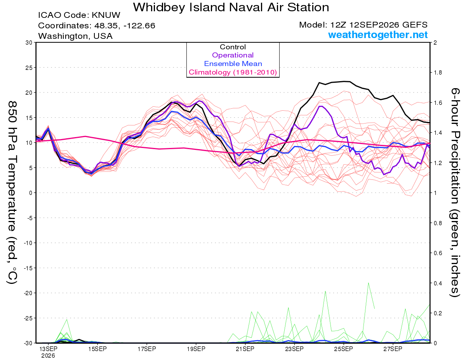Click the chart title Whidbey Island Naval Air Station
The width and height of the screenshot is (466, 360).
tap(231, 7)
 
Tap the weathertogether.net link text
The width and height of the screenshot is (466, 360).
tap(378, 35)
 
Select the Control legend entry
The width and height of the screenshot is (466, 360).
tap(233, 47)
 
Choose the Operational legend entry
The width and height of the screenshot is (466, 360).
tap(233, 55)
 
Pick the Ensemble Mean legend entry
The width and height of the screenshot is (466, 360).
tap(233, 64)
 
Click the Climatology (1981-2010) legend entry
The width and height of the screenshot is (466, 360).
tap(233, 72)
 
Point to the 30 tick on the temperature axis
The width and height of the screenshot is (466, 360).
tap(29, 43)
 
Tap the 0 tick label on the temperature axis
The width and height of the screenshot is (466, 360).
tap(31, 193)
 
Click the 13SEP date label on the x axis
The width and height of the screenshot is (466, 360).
tap(48, 349)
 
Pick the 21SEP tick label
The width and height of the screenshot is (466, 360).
tap(245, 349)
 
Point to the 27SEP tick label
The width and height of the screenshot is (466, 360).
tap(393, 349)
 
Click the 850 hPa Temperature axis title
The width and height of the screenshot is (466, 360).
tap(12, 193)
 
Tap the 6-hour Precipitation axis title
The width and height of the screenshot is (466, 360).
tap(455, 192)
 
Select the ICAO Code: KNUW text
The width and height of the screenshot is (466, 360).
tap(79, 15)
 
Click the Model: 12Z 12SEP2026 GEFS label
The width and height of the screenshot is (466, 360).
tap(363, 25)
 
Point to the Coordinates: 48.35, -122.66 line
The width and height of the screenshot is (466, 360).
tap(97, 26)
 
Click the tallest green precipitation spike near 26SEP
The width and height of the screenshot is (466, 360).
tap(369, 283)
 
